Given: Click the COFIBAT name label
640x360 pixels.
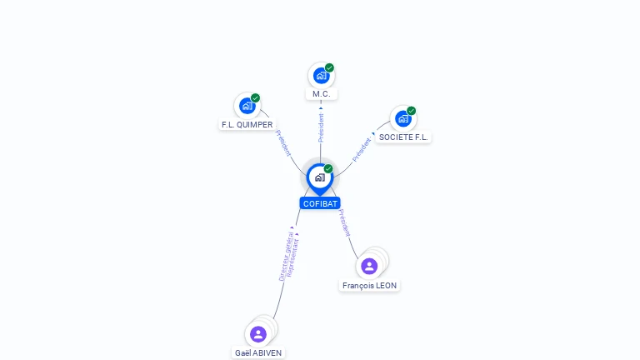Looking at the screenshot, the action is coord(320,203).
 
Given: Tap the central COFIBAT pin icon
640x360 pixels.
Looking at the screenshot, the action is coord(320,179).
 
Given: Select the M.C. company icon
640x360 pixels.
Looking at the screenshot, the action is coord(322,76).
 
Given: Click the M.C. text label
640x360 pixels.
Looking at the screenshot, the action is coord(321,94).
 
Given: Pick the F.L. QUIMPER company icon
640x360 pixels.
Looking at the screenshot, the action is coord(247,106).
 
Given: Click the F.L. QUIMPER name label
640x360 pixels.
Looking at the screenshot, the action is coord(247,124).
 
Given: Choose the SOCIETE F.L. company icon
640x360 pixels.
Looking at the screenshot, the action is coord(403,119).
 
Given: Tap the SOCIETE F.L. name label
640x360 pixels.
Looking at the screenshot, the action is coord(403,137).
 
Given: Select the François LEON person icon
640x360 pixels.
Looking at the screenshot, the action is coord(369,266).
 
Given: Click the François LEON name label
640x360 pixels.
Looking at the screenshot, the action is coord(369,285).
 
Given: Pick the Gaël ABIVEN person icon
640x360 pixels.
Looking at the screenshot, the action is coord(258,334).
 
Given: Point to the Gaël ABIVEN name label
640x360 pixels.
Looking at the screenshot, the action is coord(258,352).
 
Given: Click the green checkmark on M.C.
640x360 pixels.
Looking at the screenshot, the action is coord(329,67).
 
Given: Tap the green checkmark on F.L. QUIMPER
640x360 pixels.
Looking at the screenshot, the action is coord(255,98).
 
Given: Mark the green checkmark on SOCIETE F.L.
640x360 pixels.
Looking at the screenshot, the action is coord(411,111).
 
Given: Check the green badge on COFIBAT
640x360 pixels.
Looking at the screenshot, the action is coord(328,168).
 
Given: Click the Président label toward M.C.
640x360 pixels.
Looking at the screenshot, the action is coord(321,127).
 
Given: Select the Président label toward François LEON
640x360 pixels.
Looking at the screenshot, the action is coord(344,222).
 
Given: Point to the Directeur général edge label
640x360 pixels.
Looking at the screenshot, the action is coord(286,257).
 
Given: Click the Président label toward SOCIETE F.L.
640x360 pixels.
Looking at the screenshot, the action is coord(362,149).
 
